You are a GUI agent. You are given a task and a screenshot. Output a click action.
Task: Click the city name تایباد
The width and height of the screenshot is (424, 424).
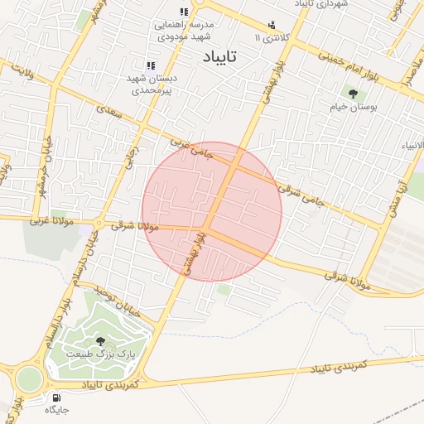(219, 56)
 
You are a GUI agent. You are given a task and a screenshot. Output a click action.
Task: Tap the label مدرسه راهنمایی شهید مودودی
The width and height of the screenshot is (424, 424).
(185, 30)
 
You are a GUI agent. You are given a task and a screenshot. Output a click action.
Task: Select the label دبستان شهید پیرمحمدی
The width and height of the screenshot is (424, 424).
(148, 84)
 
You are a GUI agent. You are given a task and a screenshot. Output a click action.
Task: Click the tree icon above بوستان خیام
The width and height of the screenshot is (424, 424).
(353, 93)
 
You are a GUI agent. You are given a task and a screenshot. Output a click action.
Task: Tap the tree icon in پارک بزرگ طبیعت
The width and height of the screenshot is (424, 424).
(100, 341)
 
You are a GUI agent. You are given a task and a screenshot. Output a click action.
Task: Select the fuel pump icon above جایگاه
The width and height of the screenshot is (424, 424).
(55, 397)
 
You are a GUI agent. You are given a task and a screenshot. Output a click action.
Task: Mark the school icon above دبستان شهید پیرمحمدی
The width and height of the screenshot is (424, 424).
(150, 65)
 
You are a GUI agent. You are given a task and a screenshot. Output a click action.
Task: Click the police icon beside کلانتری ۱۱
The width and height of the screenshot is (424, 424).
(272, 25)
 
